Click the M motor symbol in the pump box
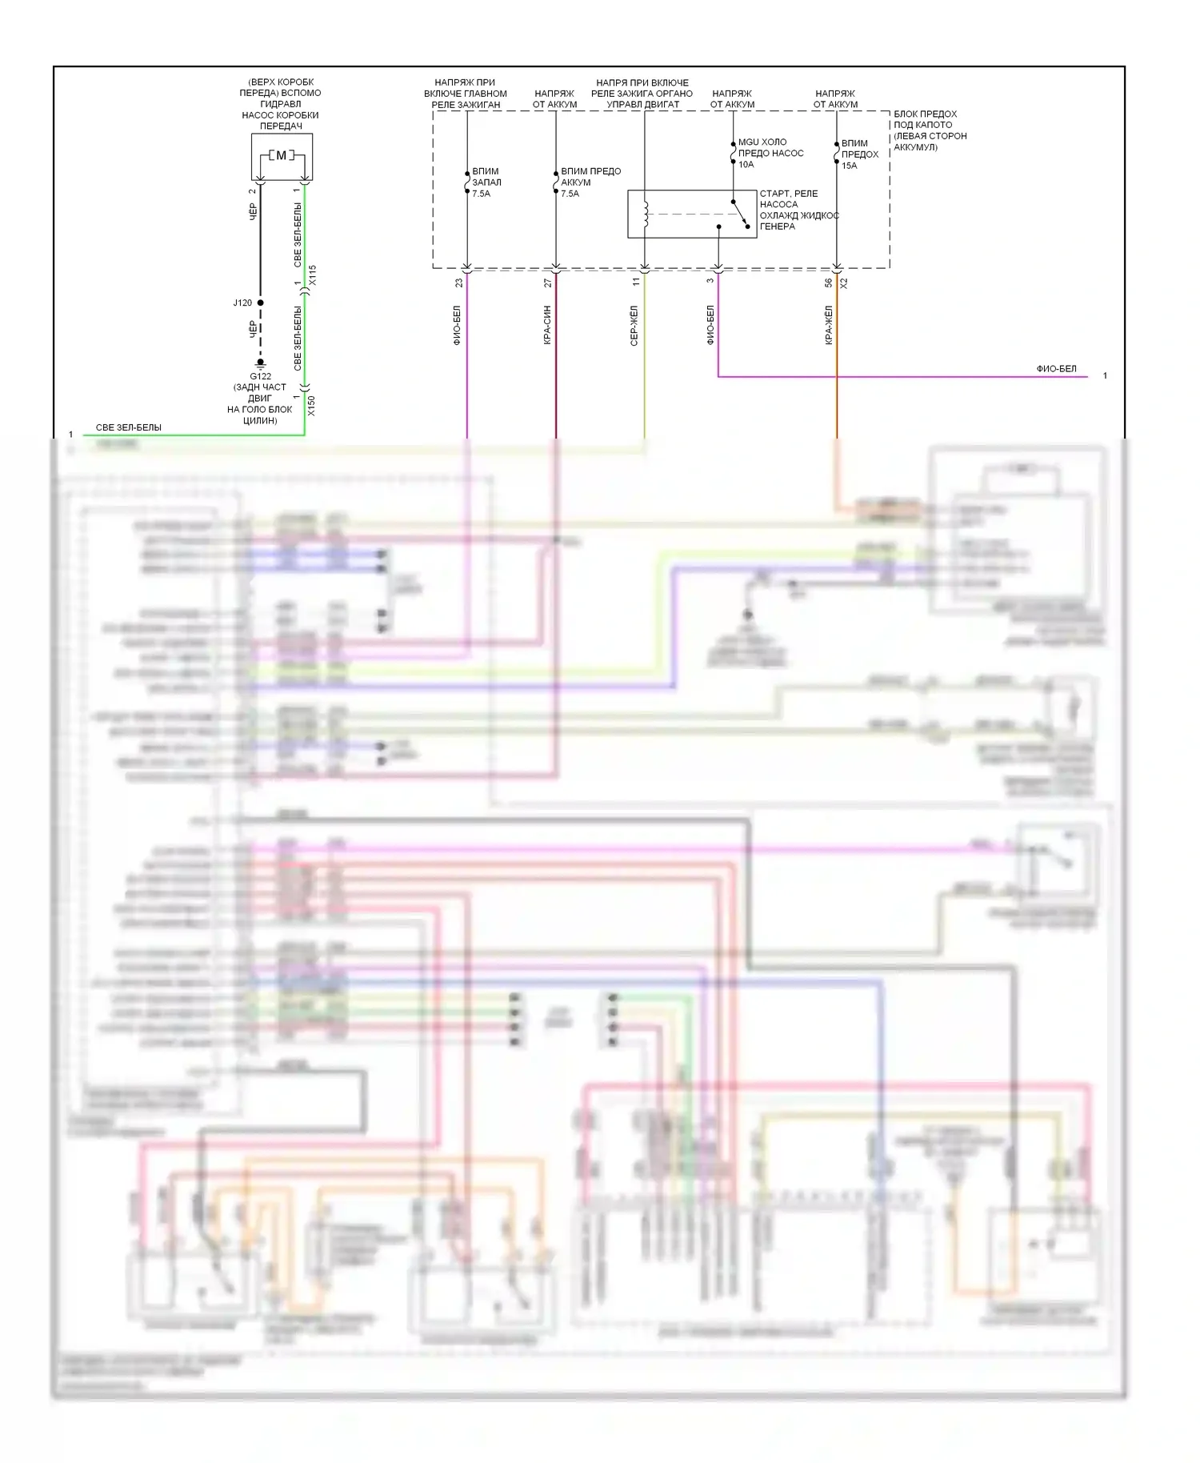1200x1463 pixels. coord(282,155)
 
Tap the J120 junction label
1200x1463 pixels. coord(242,303)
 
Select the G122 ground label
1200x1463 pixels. coord(260,376)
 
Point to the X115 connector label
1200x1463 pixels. coord(312,275)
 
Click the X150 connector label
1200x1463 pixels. coord(312,406)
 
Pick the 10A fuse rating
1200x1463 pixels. coord(746,165)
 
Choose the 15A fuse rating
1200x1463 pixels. coord(849,166)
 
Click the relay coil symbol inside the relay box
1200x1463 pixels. coord(646,214)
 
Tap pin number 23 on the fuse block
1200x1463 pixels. coord(459,283)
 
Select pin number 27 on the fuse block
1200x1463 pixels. coord(548,283)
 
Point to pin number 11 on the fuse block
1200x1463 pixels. coord(637,282)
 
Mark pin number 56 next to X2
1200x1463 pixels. coord(829,283)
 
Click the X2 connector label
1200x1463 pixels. coord(844,283)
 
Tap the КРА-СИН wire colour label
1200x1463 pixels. coord(548,326)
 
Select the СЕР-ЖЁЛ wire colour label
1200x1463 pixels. coord(634,326)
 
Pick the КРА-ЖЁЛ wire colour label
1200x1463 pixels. coord(829,326)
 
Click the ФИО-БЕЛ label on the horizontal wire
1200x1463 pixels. coord(1056,369)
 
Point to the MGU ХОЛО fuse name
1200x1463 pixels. coord(762,142)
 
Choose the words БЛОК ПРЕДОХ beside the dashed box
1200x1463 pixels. coord(925,114)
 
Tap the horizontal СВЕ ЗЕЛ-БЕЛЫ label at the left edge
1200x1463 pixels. coord(128,428)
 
